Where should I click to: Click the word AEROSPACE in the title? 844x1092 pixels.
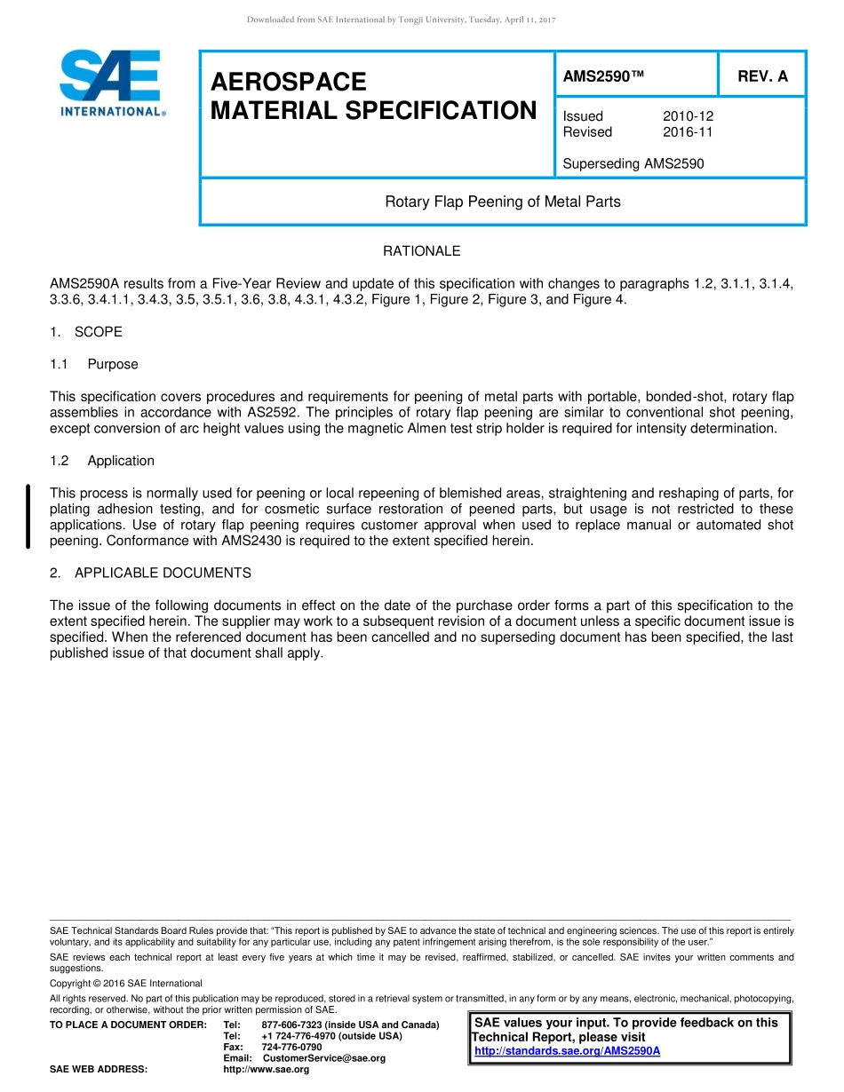[288, 82]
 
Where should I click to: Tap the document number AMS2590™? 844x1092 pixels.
[603, 76]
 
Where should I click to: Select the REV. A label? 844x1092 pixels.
[762, 76]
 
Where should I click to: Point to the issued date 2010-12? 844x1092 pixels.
[688, 116]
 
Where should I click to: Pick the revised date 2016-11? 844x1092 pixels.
[688, 132]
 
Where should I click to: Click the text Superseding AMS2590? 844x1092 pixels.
[633, 163]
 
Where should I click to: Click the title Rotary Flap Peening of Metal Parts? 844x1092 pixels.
[502, 202]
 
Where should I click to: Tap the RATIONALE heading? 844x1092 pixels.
[421, 251]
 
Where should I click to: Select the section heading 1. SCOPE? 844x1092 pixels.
[86, 332]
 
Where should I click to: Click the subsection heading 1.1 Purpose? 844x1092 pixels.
[94, 364]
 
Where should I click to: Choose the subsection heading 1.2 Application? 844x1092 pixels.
[102, 461]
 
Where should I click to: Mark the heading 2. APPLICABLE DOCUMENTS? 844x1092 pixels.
[150, 574]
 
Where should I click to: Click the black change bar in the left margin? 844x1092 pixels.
[28, 517]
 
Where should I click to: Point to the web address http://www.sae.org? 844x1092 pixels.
[266, 1070]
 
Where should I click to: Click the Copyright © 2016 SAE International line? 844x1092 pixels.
[126, 984]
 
